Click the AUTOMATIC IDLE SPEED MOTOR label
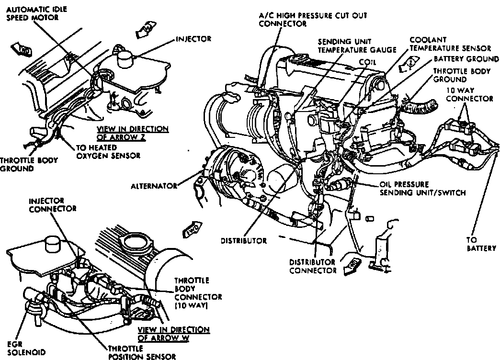coord(33,13)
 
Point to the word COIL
coord(367,62)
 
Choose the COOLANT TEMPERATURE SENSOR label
coord(449,44)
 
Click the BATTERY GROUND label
coord(466,59)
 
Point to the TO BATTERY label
coord(481,244)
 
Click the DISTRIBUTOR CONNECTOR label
coord(313,266)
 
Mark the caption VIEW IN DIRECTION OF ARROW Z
coord(132,133)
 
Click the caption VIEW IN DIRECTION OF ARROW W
coord(173,333)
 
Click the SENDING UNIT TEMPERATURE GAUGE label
coord(357,45)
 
